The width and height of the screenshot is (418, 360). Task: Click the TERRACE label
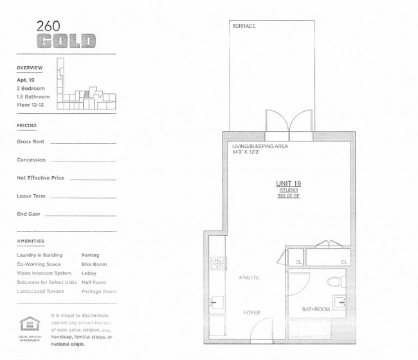click(244, 26)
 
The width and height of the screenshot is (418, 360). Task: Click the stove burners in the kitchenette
click(219, 262)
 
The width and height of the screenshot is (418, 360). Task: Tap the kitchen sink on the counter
click(217, 302)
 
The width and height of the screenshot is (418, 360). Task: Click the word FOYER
click(251, 312)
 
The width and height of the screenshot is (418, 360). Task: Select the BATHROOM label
click(316, 309)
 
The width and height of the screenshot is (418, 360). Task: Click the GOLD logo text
click(66, 42)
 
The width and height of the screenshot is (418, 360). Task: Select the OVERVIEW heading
click(30, 67)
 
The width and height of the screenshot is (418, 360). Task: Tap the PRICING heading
click(27, 125)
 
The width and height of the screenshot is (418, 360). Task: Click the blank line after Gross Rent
click(83, 142)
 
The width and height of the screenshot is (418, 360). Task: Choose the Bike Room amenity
click(94, 264)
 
